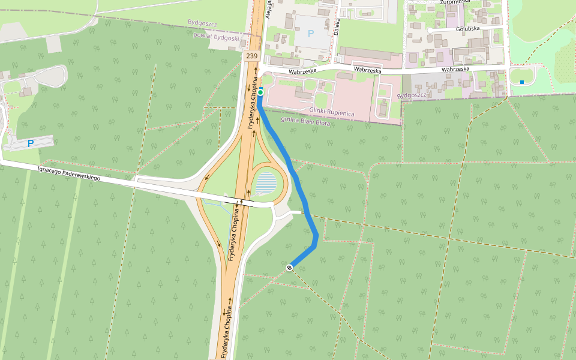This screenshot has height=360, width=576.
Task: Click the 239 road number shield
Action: (x=251, y=56)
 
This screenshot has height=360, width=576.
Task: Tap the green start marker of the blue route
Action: (x=261, y=92)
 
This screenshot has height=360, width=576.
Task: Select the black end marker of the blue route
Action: (x=289, y=268)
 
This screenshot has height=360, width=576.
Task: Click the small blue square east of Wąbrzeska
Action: (x=522, y=82)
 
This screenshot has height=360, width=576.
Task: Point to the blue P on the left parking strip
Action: (x=30, y=143)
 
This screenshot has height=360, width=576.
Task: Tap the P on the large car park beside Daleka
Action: (x=310, y=34)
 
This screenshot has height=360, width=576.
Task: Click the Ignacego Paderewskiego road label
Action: (x=68, y=174)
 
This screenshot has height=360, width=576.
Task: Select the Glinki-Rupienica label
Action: (x=332, y=112)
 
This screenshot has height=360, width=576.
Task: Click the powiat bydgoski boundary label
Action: (x=216, y=37)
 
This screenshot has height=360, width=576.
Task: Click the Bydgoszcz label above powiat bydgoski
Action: (x=202, y=23)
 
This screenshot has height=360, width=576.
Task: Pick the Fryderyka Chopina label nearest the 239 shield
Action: (x=253, y=103)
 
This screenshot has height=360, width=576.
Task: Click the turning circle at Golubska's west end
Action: (x=430, y=29)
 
